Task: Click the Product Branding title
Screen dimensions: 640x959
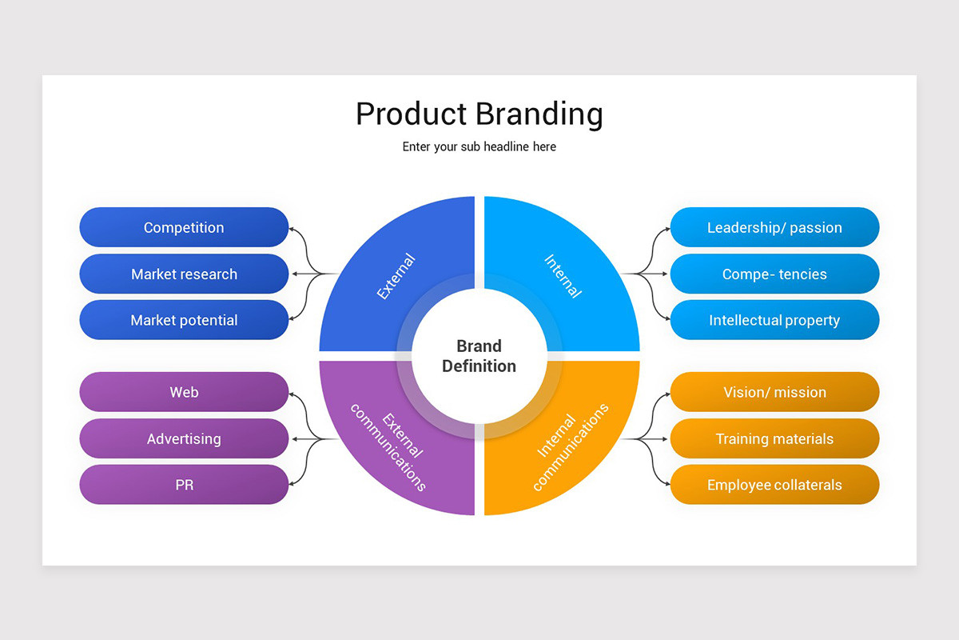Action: [x=479, y=114]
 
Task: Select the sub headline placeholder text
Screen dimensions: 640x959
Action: [x=479, y=147]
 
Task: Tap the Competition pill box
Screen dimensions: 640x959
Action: [x=184, y=227]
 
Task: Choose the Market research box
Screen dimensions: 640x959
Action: [x=184, y=274]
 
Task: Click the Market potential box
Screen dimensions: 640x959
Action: [x=184, y=320]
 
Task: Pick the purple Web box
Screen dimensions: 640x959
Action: [x=184, y=392]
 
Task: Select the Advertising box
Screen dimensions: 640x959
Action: [x=184, y=438]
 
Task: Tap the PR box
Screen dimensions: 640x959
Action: [x=184, y=485]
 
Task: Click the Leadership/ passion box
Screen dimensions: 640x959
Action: [x=774, y=227]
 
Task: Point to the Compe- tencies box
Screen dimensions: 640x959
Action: [x=774, y=274]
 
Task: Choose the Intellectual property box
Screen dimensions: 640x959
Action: [x=774, y=320]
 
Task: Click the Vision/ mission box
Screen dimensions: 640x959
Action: [x=774, y=392]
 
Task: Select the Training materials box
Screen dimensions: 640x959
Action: [x=774, y=438]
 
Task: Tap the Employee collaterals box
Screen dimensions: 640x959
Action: [x=774, y=485]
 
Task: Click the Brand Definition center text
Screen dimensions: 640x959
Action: [x=479, y=356]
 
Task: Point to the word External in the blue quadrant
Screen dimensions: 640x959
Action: [x=396, y=276]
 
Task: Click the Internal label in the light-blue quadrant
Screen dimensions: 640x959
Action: [x=563, y=276]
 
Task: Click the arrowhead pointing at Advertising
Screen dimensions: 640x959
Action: [x=293, y=438]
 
